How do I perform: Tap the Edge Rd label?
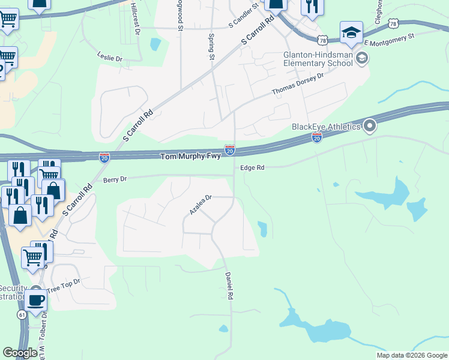[x=252, y=169]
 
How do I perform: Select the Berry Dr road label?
[x=115, y=179]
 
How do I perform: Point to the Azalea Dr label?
[x=201, y=205]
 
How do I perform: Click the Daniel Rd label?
[x=229, y=286]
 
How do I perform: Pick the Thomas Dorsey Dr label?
[x=298, y=83]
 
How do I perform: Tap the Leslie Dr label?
[x=110, y=58]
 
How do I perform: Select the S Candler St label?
[x=243, y=23]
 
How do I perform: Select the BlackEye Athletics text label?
[x=326, y=127]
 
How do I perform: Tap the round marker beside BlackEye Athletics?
[x=370, y=126]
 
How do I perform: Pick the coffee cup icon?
[x=36, y=299]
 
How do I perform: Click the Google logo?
[x=20, y=353]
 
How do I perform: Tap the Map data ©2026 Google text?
[x=411, y=355]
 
